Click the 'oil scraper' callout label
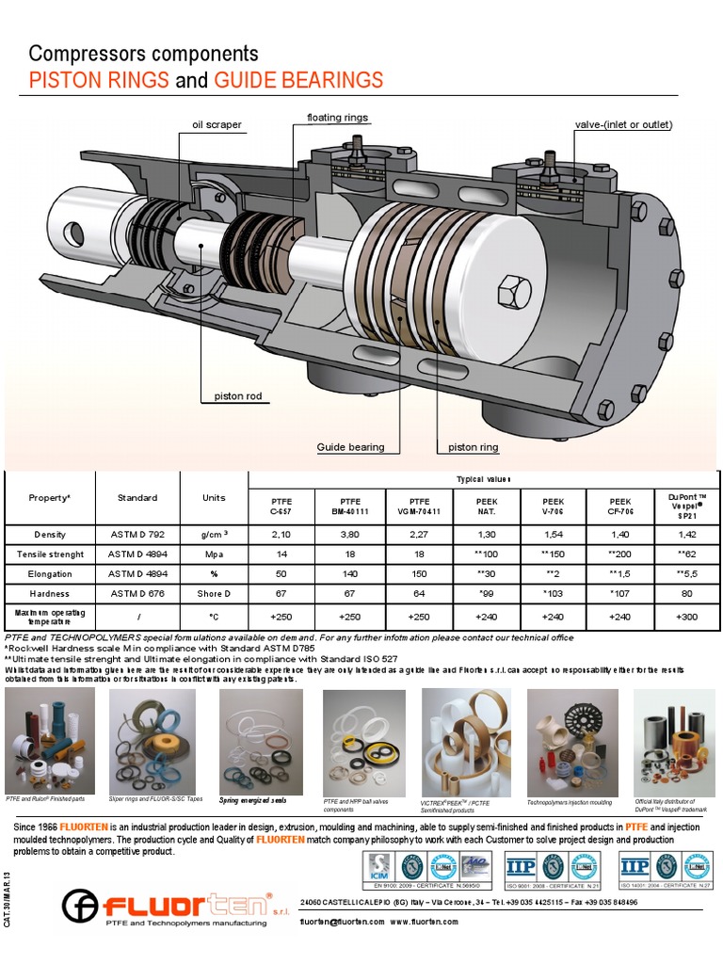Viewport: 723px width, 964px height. point(217,124)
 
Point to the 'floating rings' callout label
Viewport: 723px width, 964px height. point(337,118)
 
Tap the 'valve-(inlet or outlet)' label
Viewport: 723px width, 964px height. point(636,124)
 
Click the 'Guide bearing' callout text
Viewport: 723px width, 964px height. point(350,447)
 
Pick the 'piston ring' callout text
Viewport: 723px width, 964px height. point(474,447)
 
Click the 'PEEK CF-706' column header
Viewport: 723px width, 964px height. point(620,506)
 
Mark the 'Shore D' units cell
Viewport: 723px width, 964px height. point(214,593)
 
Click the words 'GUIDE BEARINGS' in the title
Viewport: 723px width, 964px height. point(298,80)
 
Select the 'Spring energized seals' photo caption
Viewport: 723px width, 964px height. point(252,800)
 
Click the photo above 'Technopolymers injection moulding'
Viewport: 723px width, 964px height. point(572,740)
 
